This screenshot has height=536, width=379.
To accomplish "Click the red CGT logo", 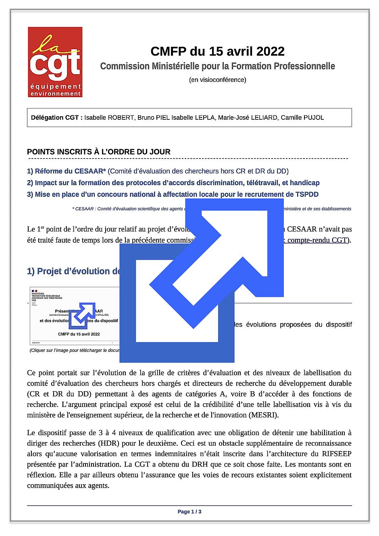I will coord(55,62).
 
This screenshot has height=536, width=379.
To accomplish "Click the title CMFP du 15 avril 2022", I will coord(217,51).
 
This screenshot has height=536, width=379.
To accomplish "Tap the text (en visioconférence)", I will coord(217,79).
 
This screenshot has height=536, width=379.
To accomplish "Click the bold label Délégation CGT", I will coord(56,118).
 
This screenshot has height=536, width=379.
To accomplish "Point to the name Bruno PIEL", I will coord(154,118).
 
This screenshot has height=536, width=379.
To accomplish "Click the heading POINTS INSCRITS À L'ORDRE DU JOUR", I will coord(98,152).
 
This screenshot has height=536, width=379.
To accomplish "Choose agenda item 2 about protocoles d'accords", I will coord(173,183).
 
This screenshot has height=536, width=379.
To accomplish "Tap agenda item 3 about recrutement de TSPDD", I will coord(173,194).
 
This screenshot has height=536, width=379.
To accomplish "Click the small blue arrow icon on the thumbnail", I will coord(82,314).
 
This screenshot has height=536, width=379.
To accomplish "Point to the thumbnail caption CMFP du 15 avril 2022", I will coord(79,334).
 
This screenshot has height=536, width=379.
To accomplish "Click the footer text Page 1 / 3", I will coord(189,512).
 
